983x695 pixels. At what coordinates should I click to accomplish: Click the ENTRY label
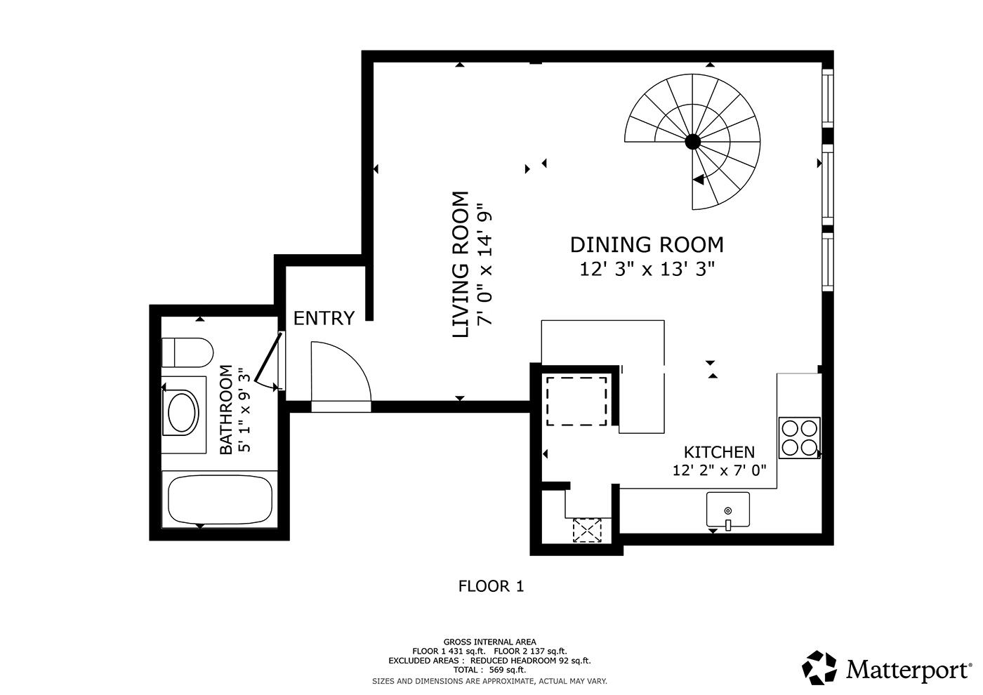coord(324,318)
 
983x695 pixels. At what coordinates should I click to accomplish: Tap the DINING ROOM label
coord(647,245)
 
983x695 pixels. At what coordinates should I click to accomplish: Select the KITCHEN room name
coord(719,452)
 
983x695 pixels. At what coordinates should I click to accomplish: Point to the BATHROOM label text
coord(225,410)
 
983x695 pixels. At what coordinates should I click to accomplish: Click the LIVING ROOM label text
coord(461,265)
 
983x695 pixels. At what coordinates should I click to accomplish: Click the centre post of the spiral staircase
coord(692,142)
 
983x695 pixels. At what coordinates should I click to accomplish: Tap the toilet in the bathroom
coord(187,352)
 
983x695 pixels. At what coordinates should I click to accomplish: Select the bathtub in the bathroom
coord(220,500)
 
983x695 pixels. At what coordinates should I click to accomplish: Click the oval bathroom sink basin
coord(182,413)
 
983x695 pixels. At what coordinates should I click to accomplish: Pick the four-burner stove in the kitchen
coord(800,438)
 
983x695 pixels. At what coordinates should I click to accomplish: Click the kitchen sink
coord(728,510)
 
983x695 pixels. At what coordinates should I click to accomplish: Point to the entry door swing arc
coord(354,362)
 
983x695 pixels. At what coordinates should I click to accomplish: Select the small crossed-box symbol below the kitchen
coord(587,531)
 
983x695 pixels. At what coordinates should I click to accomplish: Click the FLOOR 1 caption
coord(491,586)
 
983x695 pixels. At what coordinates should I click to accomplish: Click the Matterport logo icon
coord(819,668)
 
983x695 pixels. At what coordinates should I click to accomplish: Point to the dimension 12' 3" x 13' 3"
coord(647,269)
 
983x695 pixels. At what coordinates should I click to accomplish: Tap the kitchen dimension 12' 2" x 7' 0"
coord(719,471)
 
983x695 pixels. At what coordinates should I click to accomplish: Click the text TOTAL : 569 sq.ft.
coord(489,670)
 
